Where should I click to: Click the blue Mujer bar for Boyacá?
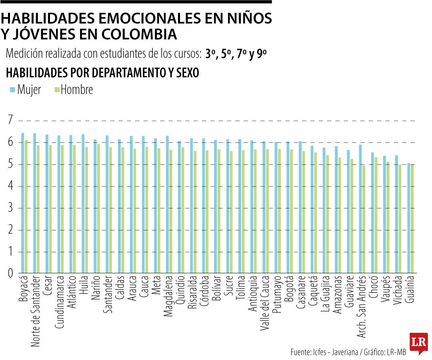(x=22, y=204)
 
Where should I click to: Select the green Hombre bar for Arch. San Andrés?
(x=364, y=220)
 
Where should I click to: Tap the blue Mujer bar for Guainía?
(x=408, y=218)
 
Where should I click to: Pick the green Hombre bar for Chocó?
(x=376, y=216)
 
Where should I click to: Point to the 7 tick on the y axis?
(x=10, y=120)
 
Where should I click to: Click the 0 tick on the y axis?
(x=10, y=274)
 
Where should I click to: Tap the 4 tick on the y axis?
(x=10, y=186)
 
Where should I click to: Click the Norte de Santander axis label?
(x=35, y=310)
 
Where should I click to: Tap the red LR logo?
(x=418, y=342)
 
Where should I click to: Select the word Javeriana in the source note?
(x=346, y=352)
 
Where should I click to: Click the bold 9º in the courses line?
(x=262, y=54)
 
